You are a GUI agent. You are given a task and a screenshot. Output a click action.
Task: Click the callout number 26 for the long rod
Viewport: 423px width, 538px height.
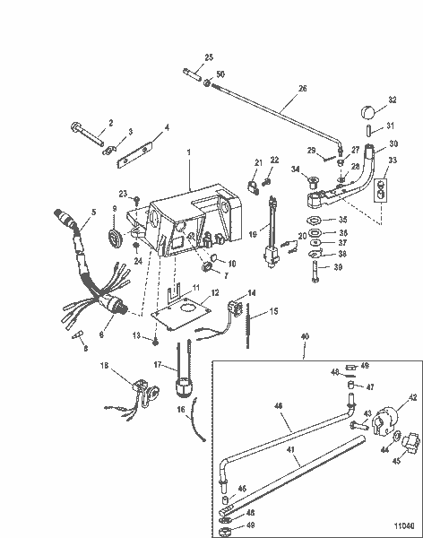click(x=302, y=89)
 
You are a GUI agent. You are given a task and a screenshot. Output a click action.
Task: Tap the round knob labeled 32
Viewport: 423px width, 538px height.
click(x=367, y=111)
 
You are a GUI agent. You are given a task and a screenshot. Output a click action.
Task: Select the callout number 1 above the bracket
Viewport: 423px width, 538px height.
click(x=189, y=154)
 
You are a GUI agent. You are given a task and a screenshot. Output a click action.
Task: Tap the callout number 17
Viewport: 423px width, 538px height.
click(x=158, y=365)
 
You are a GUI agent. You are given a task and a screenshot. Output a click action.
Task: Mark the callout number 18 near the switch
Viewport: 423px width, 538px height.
click(x=105, y=367)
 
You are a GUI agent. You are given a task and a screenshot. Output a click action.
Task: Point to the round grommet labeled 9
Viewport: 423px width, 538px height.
click(x=115, y=238)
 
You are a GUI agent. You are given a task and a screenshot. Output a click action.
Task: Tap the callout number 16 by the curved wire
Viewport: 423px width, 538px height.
click(x=181, y=410)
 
